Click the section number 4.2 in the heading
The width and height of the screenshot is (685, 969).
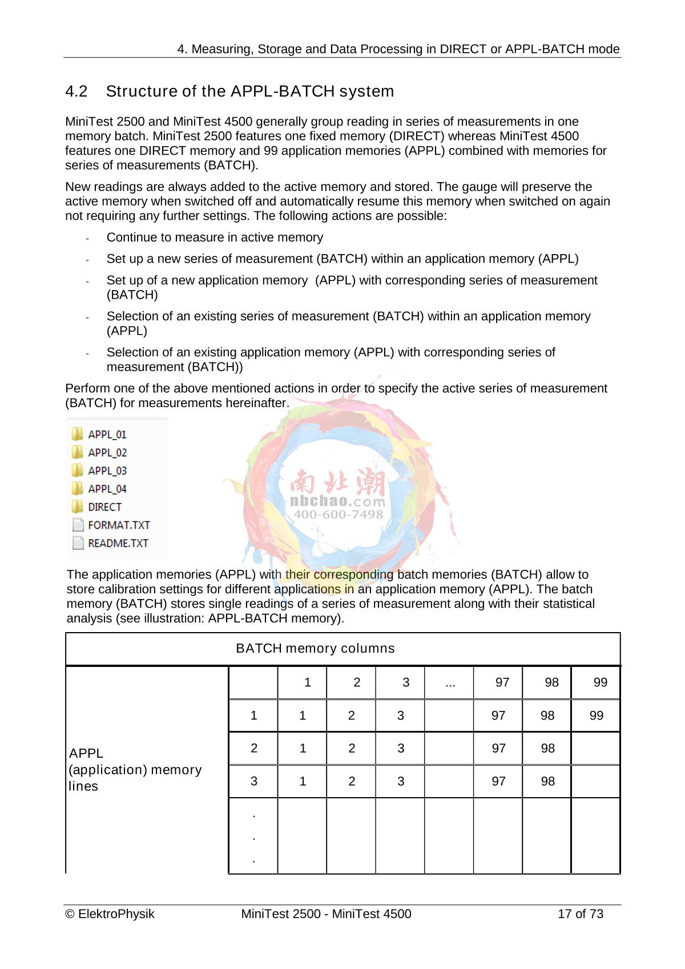click(76, 91)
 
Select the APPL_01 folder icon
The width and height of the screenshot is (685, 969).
click(77, 435)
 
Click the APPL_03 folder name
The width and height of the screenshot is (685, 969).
click(107, 471)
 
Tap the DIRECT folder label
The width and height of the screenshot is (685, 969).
click(104, 507)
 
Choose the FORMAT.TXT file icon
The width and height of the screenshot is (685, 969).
click(78, 525)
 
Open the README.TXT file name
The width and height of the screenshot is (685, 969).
click(118, 543)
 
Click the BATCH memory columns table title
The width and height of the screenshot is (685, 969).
click(315, 649)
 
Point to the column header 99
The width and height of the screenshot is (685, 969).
click(600, 682)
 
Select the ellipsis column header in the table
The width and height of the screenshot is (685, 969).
click(450, 682)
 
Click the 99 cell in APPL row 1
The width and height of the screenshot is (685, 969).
click(596, 715)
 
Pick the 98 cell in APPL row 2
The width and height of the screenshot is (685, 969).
click(547, 749)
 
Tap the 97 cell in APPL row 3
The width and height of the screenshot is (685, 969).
click(498, 781)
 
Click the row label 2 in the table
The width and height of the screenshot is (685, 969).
click(254, 749)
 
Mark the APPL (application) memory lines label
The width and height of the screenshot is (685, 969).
click(135, 770)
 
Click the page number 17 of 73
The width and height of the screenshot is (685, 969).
click(580, 914)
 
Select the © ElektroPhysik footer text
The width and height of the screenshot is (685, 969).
click(110, 914)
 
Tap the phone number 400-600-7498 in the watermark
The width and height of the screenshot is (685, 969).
click(338, 514)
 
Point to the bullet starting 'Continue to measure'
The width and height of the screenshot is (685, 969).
click(215, 238)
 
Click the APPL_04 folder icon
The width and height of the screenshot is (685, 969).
click(77, 489)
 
